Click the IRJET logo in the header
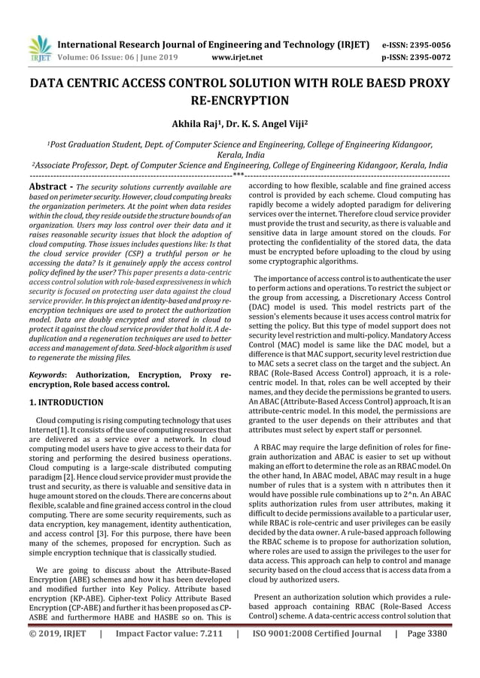[x=38, y=47]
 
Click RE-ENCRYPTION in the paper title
[x=239, y=99]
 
